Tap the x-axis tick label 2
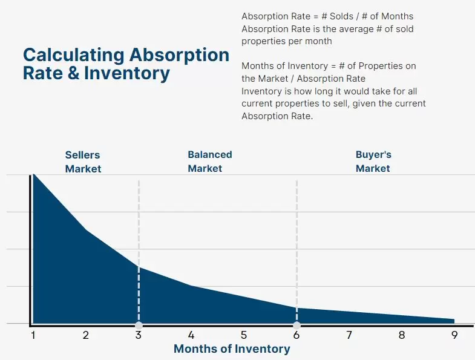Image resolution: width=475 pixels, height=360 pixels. pyautogui.click(x=86, y=335)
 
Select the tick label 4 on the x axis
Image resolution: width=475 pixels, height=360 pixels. pyautogui.click(x=191, y=335)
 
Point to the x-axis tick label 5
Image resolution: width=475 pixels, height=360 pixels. pyautogui.click(x=244, y=335)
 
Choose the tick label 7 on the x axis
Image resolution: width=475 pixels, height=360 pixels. pyautogui.click(x=349, y=335)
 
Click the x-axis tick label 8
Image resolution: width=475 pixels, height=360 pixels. pyautogui.click(x=402, y=335)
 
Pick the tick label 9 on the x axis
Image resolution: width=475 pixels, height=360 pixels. pyautogui.click(x=454, y=335)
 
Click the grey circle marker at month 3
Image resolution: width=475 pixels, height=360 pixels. pyautogui.click(x=139, y=325)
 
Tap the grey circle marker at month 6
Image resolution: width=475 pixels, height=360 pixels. pyautogui.click(x=296, y=325)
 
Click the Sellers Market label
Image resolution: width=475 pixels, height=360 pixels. pyautogui.click(x=83, y=162)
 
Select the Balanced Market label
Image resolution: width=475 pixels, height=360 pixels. pyautogui.click(x=209, y=162)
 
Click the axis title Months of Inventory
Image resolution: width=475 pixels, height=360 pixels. pyautogui.click(x=232, y=349)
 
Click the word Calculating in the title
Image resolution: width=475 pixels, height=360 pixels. pyautogui.click(x=74, y=55)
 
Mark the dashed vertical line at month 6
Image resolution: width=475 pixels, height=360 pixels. pyautogui.click(x=296, y=242)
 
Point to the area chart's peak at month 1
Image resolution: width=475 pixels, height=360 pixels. pyautogui.click(x=34, y=175)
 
